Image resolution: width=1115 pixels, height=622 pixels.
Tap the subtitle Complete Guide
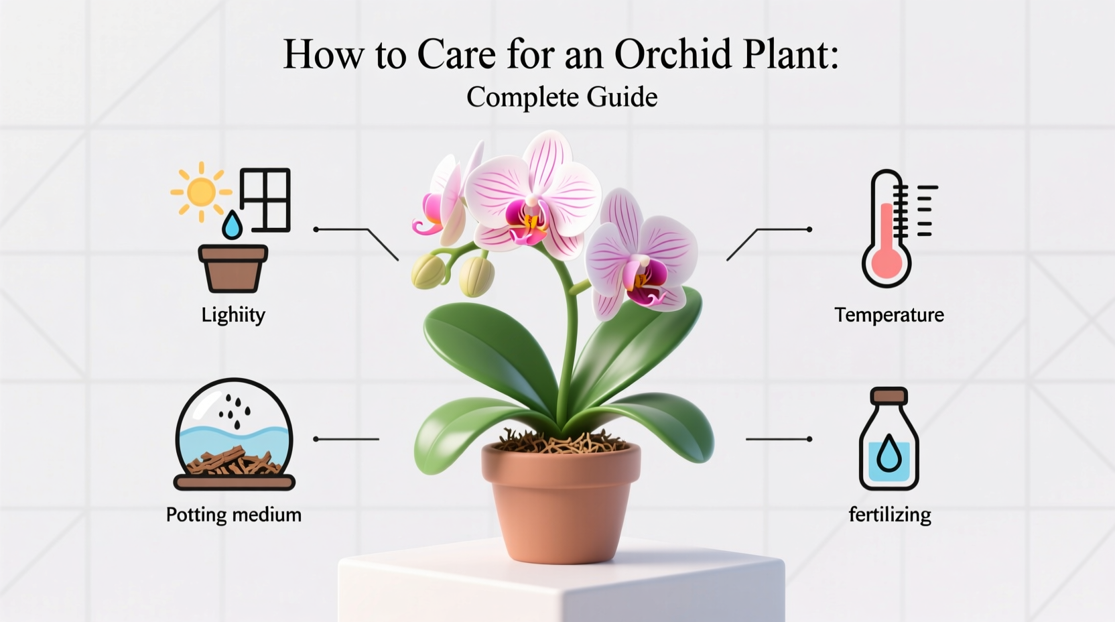pyautogui.click(x=562, y=97)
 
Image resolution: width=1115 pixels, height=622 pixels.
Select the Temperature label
pyautogui.click(x=889, y=314)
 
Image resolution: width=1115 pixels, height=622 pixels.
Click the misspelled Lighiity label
pyautogui.click(x=233, y=314)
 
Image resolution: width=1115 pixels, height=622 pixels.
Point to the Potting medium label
pyautogui.click(x=233, y=515)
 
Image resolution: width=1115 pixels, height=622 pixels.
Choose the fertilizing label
pyautogui.click(x=889, y=515)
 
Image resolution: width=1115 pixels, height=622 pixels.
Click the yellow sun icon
pyautogui.click(x=201, y=192)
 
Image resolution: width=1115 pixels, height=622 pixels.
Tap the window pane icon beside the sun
pyautogui.click(x=265, y=200)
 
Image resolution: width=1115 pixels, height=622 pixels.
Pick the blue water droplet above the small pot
pyautogui.click(x=232, y=226)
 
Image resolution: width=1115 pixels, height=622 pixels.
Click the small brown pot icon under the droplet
pyautogui.click(x=233, y=268)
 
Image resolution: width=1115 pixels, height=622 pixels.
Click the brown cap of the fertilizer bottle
pyautogui.click(x=889, y=396)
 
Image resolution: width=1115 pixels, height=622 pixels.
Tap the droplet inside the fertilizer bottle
pyautogui.click(x=889, y=454)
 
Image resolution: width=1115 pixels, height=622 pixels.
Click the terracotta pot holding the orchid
pyautogui.click(x=561, y=503)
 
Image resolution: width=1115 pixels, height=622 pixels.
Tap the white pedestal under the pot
pyautogui.click(x=562, y=590)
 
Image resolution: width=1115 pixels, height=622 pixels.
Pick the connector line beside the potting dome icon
pyautogui.click(x=346, y=439)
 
